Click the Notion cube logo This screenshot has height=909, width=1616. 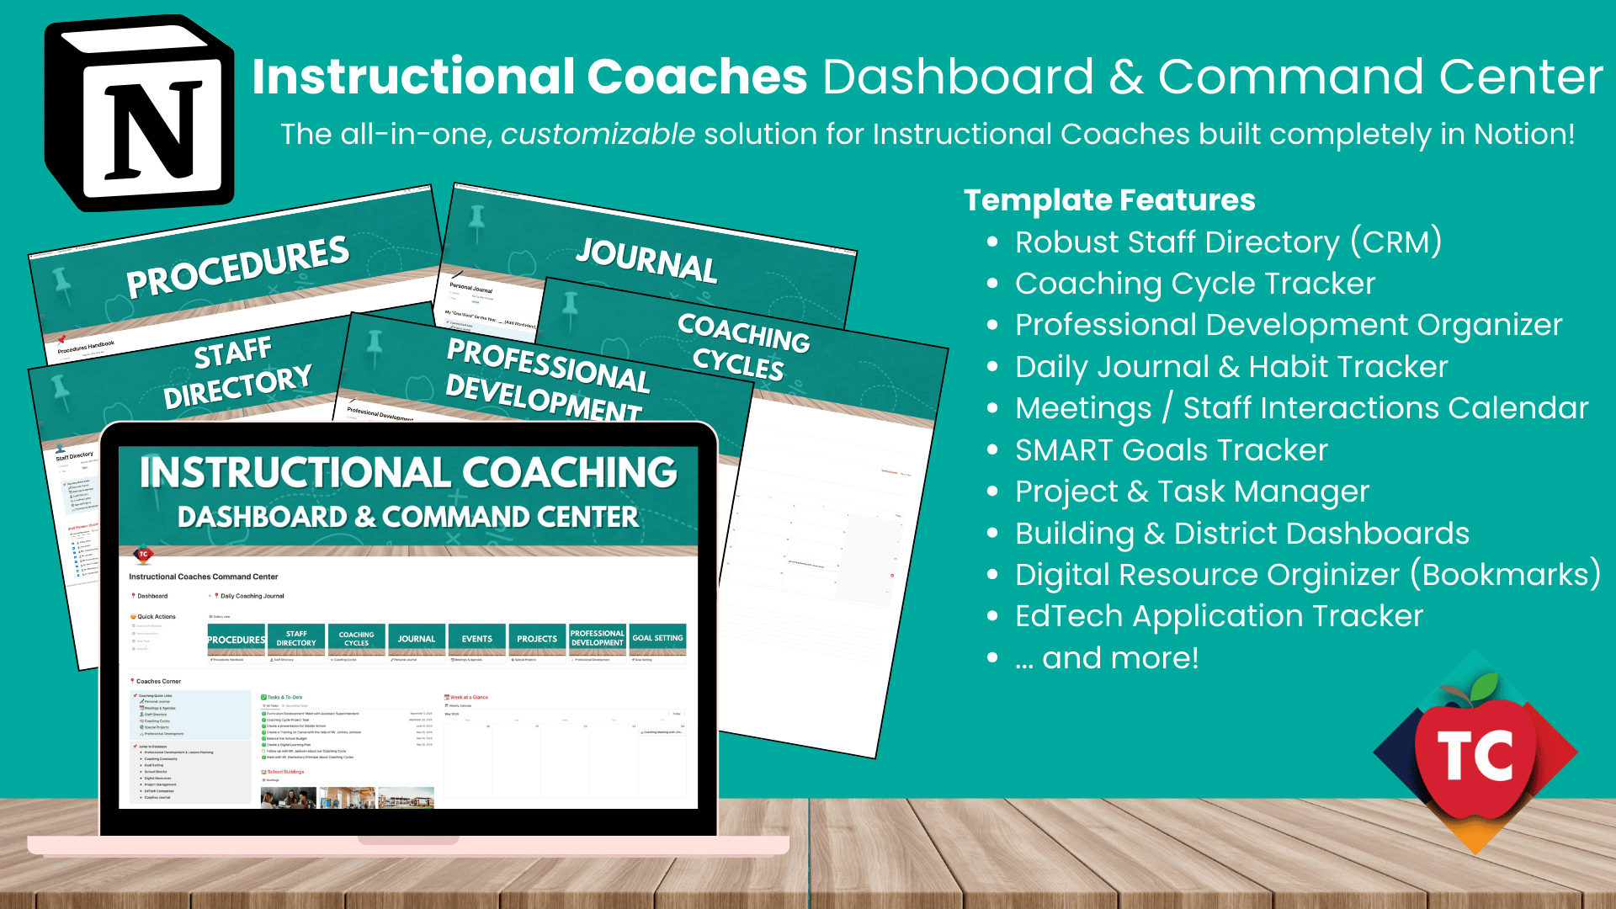[x=140, y=114]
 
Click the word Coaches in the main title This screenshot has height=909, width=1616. [x=697, y=77]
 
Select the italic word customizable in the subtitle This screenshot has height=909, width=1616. [x=598, y=134]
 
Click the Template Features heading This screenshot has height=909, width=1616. [x=1109, y=200]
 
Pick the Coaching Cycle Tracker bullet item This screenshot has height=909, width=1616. [x=1195, y=284]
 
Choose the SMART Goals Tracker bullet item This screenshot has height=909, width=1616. [x=1171, y=450]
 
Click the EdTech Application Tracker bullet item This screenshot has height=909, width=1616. [x=1219, y=616]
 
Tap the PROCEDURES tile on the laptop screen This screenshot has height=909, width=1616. [x=237, y=640]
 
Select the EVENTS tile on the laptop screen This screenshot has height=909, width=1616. [x=477, y=639]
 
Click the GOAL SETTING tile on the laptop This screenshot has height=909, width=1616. [x=657, y=638]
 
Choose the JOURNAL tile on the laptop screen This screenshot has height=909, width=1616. [x=417, y=639]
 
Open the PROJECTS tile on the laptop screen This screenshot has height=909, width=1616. [x=537, y=639]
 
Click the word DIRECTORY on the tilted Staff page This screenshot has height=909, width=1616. [x=237, y=387]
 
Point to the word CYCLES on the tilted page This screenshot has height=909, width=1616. [x=738, y=364]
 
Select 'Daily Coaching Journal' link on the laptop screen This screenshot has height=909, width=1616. [x=252, y=596]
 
